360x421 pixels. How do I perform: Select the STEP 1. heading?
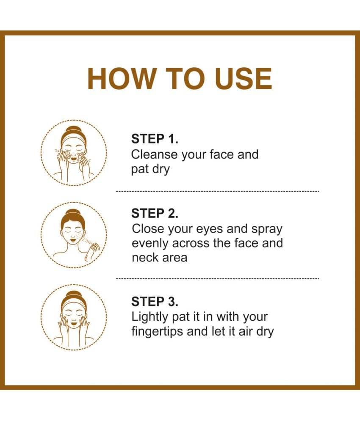155,139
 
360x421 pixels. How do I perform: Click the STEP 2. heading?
155,213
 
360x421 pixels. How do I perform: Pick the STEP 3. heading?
155,301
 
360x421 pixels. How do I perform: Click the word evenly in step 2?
150,244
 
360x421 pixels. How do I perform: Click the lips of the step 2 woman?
73,239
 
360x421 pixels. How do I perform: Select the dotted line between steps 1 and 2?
217,191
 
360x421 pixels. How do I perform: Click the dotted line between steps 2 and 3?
217,279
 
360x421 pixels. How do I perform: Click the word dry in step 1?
161,170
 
